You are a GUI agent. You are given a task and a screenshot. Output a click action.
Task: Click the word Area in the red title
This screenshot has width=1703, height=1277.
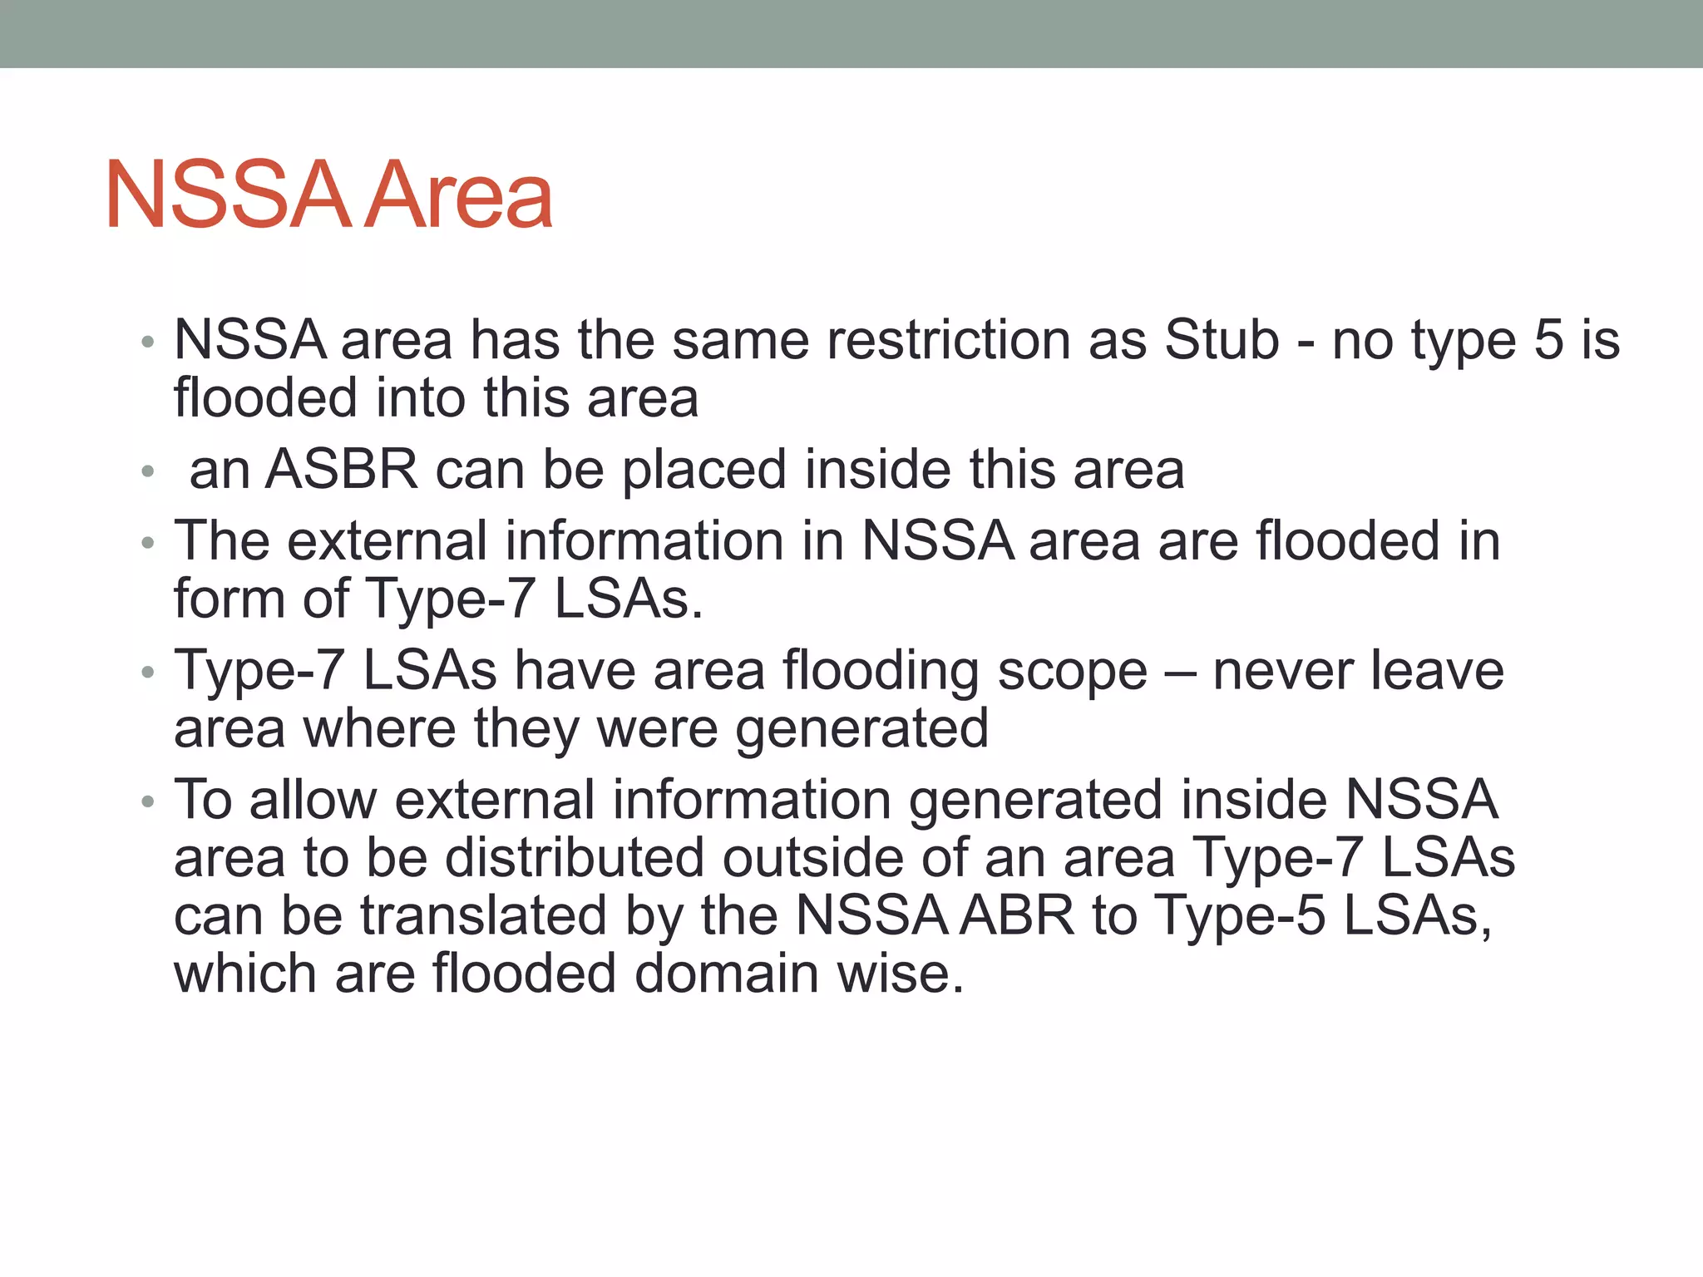coord(458,195)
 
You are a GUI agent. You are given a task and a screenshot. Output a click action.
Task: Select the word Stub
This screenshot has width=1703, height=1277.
coord(1222,340)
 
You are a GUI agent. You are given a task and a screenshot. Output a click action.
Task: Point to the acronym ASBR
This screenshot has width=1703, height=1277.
coord(341,470)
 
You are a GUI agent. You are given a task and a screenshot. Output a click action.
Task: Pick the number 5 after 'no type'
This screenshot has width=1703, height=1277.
coord(1548,340)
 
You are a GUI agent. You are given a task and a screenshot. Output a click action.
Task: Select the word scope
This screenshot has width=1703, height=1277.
coord(1072,672)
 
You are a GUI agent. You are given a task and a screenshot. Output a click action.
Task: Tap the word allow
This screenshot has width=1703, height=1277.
coord(313,800)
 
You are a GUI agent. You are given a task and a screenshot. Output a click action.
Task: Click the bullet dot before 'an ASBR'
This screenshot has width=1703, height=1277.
coord(148,472)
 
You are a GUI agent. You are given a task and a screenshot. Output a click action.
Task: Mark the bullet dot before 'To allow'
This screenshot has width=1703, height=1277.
coord(148,802)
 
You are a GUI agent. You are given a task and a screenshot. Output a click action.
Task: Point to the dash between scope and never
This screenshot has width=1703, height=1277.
coord(1180,672)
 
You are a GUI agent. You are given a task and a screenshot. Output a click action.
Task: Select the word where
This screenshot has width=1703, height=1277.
coord(380,728)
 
